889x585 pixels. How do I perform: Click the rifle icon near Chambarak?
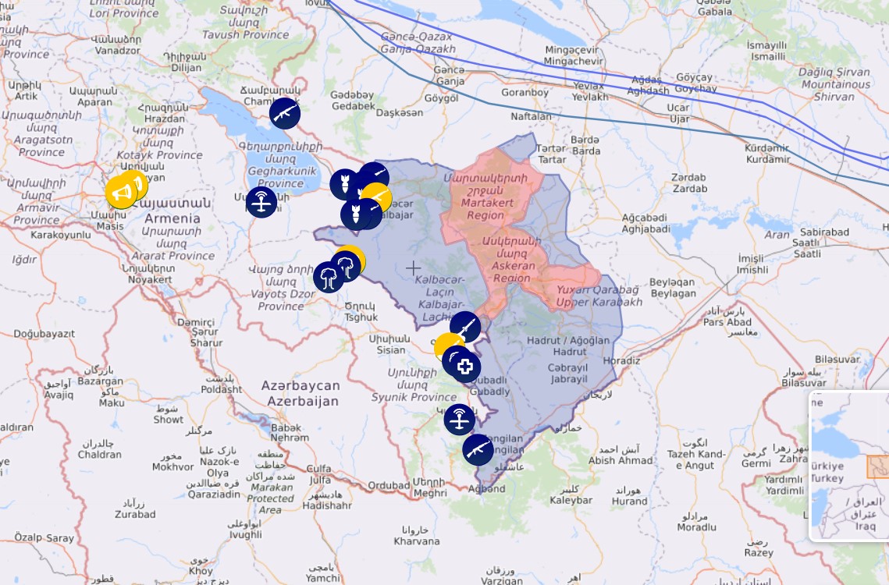click(285, 113)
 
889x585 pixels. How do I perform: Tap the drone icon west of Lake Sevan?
click(261, 202)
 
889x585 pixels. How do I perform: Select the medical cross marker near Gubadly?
click(466, 367)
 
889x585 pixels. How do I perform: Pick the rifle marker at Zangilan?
click(478, 449)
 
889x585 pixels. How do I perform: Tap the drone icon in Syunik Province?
click(460, 420)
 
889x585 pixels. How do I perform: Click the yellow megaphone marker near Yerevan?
click(121, 192)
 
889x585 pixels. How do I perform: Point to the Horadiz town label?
click(621, 360)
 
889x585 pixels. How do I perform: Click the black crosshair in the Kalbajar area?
click(413, 268)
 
